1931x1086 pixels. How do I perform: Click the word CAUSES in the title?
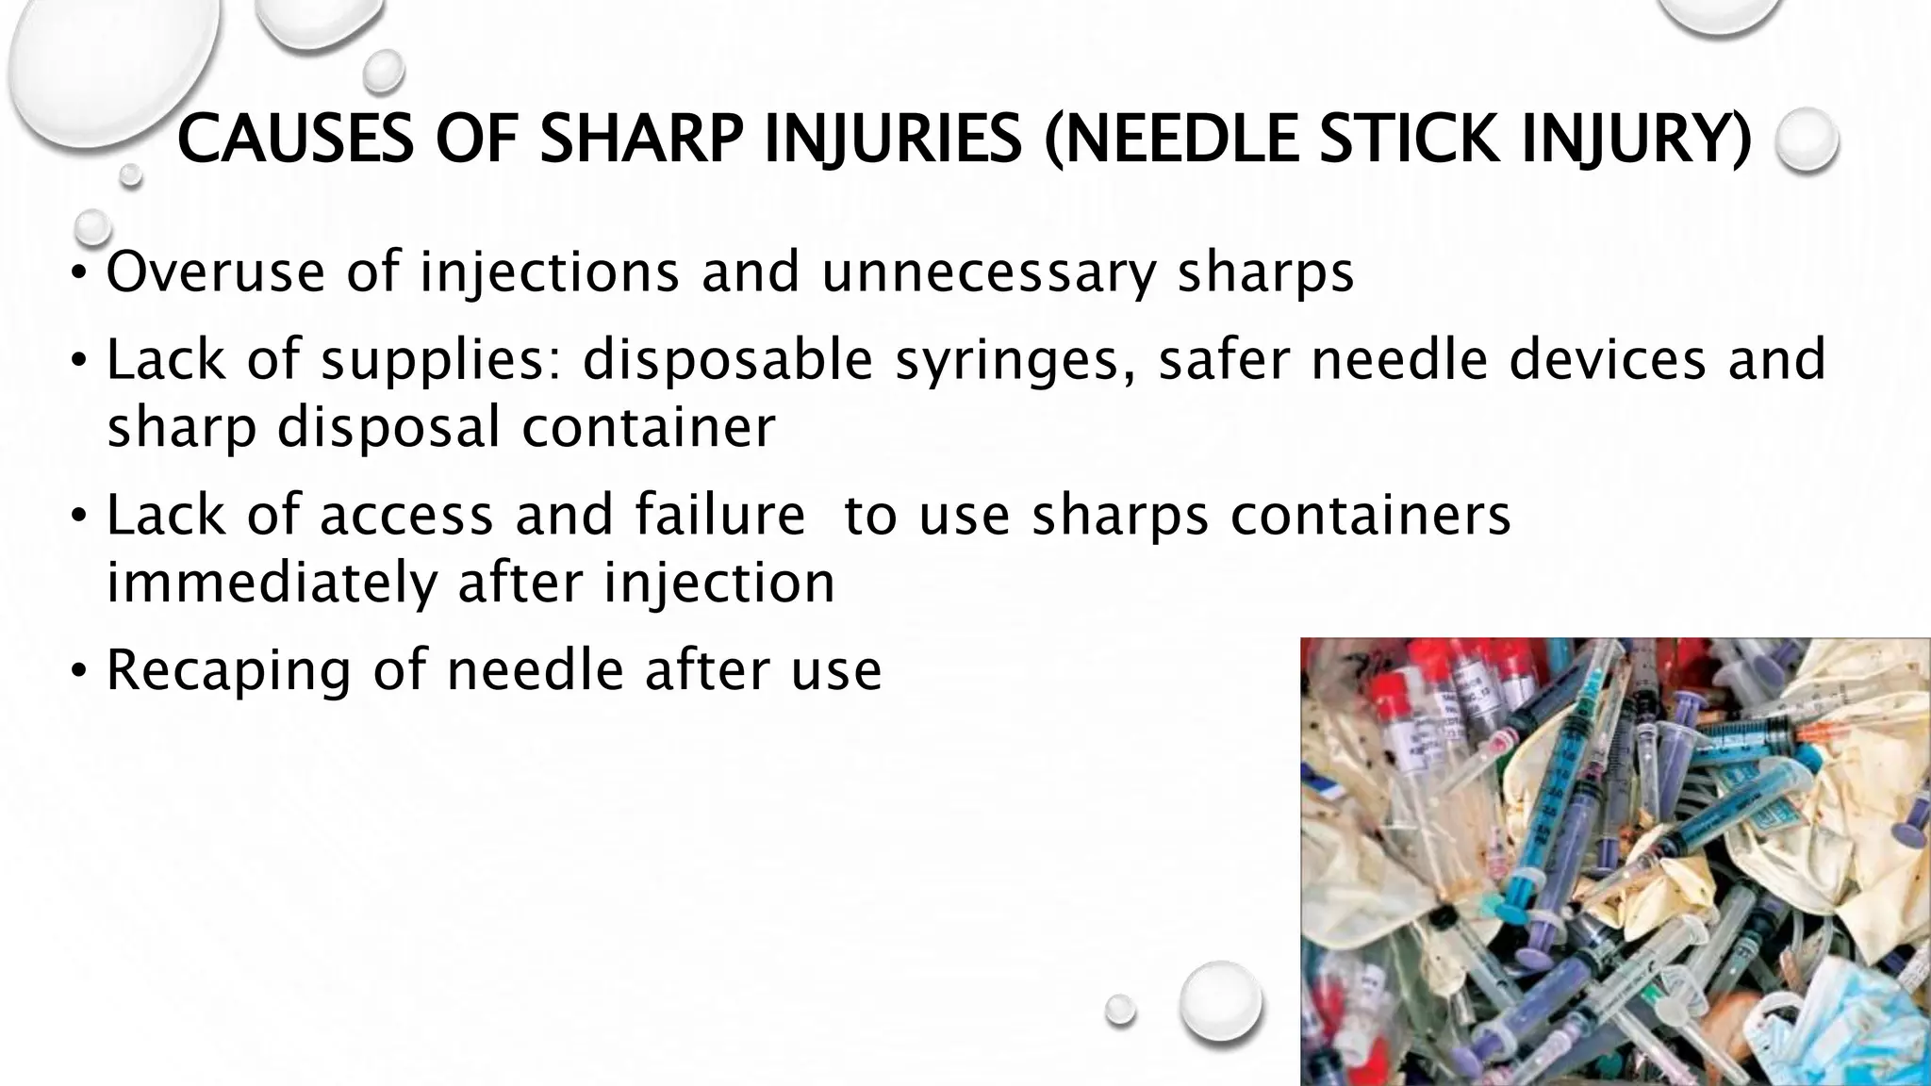pyautogui.click(x=294, y=139)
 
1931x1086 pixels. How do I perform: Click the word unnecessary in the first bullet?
pyautogui.click(x=989, y=272)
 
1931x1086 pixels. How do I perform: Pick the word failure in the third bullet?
pyautogui.click(x=720, y=516)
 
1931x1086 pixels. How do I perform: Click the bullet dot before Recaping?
pyautogui.click(x=80, y=671)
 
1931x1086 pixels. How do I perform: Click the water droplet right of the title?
pyautogui.click(x=1806, y=140)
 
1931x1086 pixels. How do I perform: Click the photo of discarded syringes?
pyautogui.click(x=1614, y=861)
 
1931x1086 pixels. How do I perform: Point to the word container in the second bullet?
pyautogui.click(x=649, y=427)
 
